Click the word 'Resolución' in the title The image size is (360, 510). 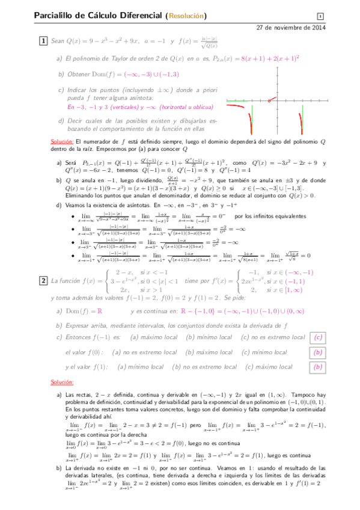pos(185,16)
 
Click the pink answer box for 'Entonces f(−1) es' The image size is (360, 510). pos(319,337)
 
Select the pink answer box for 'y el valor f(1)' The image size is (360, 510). pos(319,366)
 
